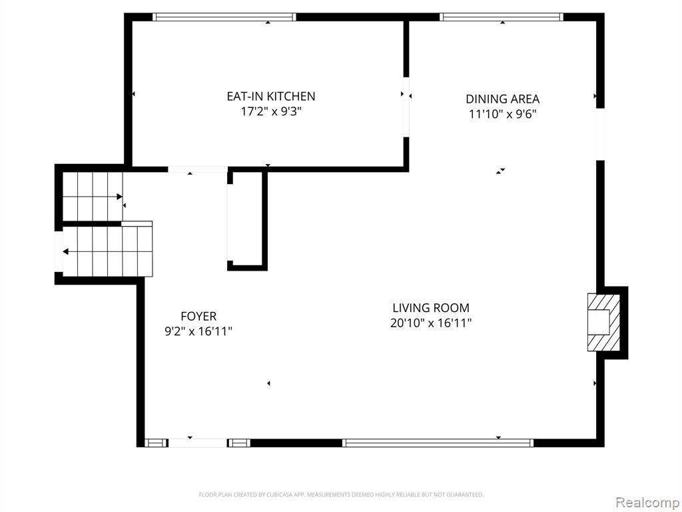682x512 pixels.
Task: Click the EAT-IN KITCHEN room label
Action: [271, 96]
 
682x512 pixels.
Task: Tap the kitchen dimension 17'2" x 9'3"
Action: [271, 111]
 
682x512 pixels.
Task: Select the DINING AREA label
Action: [502, 99]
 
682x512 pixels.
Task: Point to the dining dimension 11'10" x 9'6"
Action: [502, 114]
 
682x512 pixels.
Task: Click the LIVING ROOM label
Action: [431, 308]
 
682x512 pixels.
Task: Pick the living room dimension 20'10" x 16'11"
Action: [431, 323]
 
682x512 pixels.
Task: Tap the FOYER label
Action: [198, 315]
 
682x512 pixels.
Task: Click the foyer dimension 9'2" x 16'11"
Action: [198, 331]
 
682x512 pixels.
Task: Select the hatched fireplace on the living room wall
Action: [603, 323]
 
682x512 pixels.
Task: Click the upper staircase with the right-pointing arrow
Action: [93, 197]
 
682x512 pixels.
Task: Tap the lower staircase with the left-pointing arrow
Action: [107, 251]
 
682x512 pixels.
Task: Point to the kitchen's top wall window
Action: [224, 17]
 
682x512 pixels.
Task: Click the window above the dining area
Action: [502, 17]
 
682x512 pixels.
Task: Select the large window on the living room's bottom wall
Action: [438, 443]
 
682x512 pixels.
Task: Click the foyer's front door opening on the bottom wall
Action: [197, 443]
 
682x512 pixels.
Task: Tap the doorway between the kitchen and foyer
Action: [198, 169]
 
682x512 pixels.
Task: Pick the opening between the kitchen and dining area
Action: [406, 107]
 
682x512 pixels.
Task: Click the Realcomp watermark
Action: [647, 502]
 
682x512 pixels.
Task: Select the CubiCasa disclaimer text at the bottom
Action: [341, 495]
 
